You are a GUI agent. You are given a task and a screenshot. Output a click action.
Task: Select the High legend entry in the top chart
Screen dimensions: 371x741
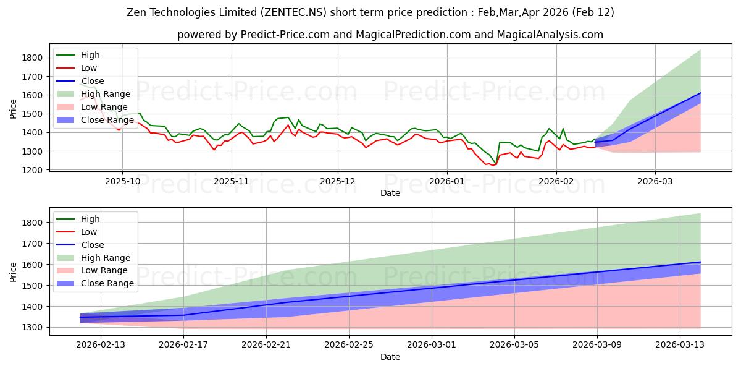(90, 55)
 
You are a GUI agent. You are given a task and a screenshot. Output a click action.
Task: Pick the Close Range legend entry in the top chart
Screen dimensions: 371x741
(107, 120)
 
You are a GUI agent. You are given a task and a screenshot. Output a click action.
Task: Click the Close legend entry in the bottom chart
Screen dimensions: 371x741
(93, 245)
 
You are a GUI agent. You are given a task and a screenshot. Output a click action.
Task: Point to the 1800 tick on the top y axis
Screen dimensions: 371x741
(32, 58)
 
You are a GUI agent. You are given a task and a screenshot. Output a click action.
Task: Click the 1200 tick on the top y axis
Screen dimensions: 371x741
(32, 170)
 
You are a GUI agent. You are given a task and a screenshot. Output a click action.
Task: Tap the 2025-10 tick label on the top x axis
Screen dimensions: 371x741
(122, 181)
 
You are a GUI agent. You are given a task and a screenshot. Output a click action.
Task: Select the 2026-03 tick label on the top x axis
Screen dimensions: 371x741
(655, 181)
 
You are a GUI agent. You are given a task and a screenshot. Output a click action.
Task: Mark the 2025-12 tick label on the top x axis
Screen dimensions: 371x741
(338, 181)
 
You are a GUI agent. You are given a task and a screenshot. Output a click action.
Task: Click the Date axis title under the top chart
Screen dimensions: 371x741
(390, 193)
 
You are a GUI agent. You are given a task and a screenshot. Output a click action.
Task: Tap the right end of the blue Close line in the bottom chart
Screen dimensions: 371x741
(700, 262)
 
